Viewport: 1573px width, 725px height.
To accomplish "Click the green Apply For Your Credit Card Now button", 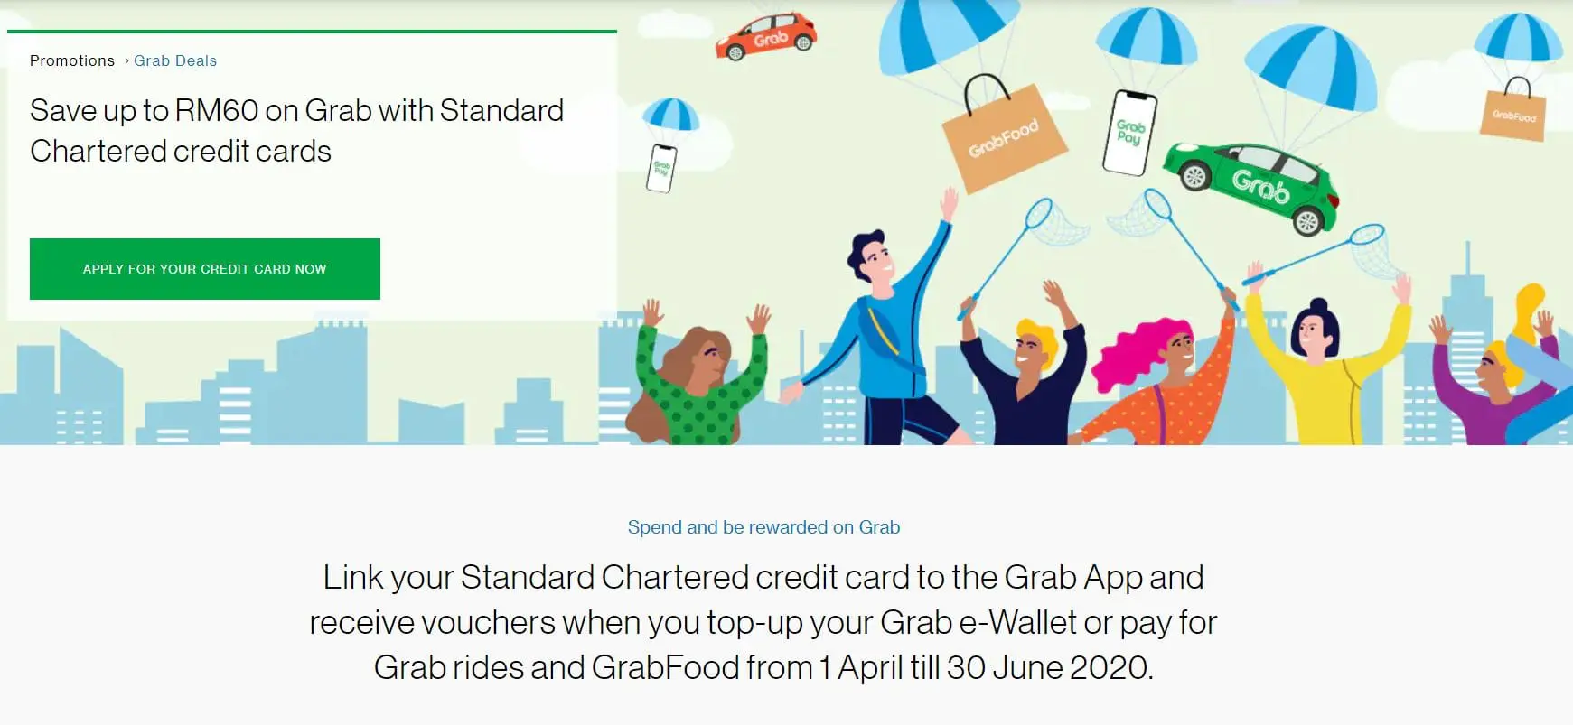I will [205, 269].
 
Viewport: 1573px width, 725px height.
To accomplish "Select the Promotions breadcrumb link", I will [72, 60].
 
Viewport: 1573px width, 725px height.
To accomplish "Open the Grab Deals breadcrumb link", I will [175, 60].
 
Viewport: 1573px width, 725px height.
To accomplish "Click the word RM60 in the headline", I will [216, 110].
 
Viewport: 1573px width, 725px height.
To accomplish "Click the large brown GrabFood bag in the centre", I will [1003, 141].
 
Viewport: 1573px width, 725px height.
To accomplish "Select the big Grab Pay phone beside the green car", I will [1129, 133].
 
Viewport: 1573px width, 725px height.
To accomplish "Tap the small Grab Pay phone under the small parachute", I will [661, 168].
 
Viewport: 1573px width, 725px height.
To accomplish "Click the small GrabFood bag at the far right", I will [1513, 116].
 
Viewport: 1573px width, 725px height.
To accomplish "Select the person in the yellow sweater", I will [1324, 370].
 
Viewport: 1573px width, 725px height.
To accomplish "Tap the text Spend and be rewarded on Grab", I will [763, 527].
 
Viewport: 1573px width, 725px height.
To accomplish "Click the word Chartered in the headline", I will [80, 151].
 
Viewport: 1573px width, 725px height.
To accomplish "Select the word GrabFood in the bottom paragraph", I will [665, 667].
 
